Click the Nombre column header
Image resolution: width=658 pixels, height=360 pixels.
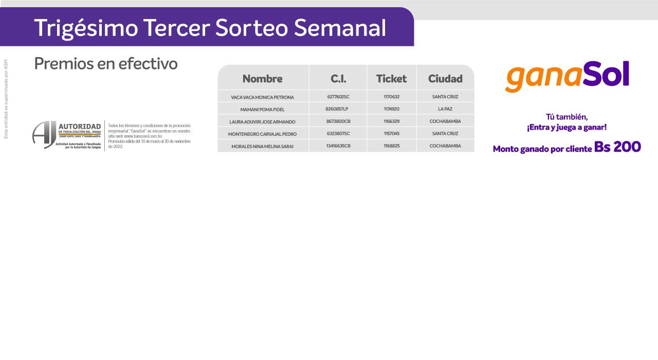262,79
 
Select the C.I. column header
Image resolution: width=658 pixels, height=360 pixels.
338,79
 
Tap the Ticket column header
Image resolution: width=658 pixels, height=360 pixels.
391,79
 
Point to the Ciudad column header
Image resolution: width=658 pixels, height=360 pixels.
445,79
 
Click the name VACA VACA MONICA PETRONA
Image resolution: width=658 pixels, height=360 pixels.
262,97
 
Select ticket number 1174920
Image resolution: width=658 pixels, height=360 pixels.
391,109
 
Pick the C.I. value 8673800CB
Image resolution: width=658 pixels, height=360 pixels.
338,121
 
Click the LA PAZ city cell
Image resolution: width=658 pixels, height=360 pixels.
445,109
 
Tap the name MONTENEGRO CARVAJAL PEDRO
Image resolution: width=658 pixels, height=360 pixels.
262,134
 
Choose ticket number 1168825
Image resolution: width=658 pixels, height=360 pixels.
391,146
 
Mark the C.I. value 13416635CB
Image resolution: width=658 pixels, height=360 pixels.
338,146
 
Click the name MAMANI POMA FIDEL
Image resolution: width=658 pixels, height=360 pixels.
262,110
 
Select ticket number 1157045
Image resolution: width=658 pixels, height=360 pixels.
391,134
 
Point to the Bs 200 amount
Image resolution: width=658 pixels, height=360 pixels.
617,147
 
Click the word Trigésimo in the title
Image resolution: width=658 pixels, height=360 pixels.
86,28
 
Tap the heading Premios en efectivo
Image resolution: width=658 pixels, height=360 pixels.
106,63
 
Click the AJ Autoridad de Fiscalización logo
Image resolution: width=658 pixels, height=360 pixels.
67,135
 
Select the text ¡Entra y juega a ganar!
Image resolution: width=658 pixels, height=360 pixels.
566,128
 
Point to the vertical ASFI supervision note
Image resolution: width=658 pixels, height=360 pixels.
6,99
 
